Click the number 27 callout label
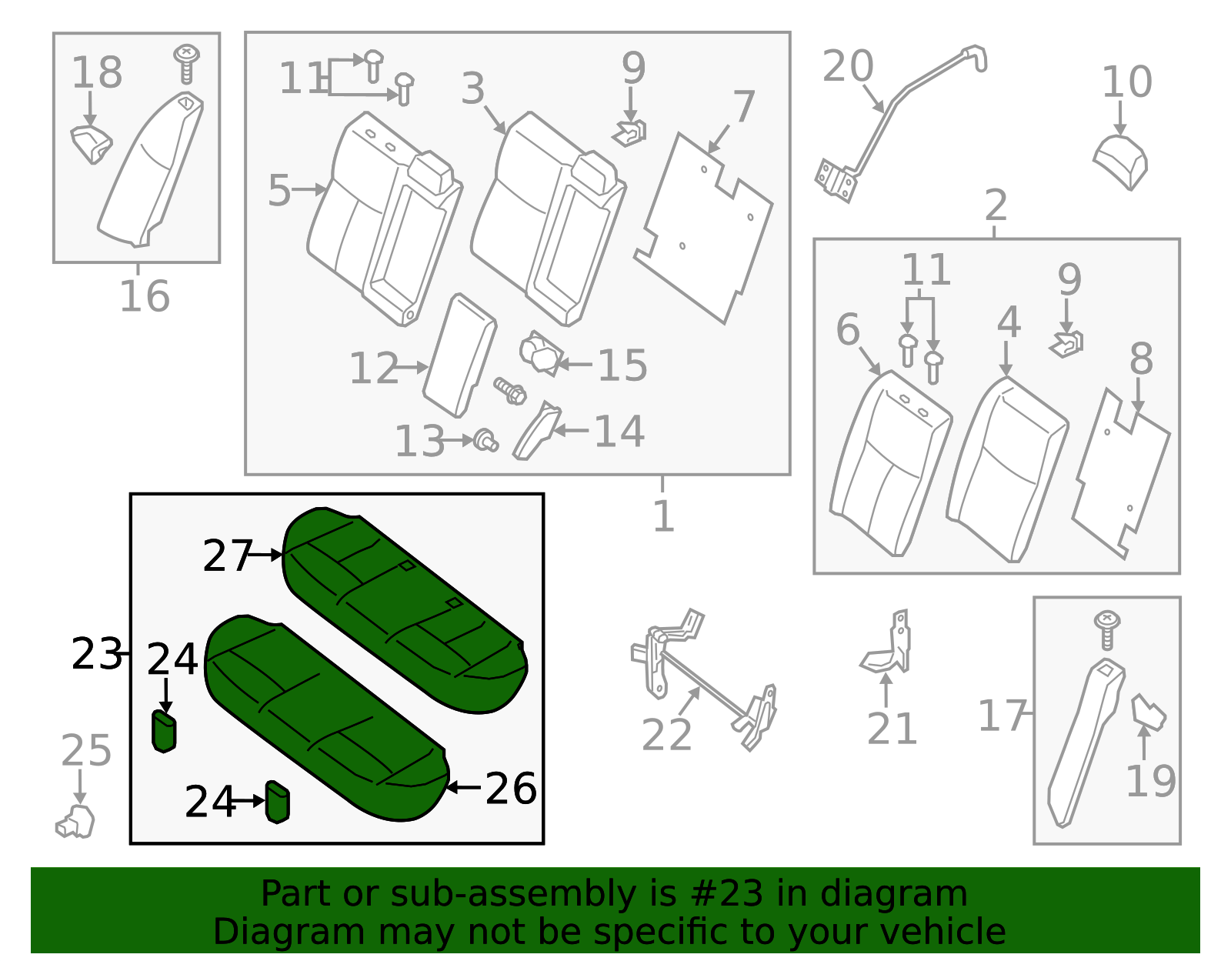pos(227,556)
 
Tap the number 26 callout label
pos(511,788)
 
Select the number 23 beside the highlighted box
pos(96,653)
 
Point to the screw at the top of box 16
pos(186,63)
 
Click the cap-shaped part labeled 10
pos(1120,162)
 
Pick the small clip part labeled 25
pos(75,822)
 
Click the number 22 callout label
pos(666,735)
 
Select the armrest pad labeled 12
pos(459,355)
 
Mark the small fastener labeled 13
pos(487,441)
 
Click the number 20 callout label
pos(848,66)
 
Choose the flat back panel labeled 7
pos(703,229)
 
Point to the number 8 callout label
pos(1142,359)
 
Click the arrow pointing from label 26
pos(463,787)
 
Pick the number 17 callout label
pos(1002,716)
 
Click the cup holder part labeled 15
pos(541,353)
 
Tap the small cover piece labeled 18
pos(92,145)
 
